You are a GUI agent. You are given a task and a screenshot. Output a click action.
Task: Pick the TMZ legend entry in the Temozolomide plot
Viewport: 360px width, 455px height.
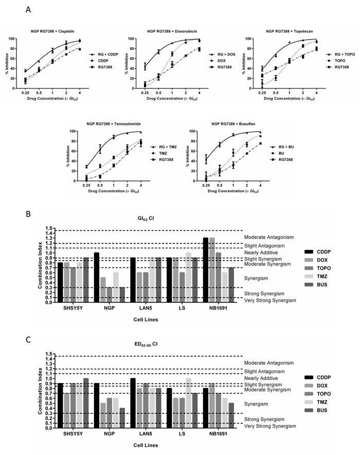(x=163, y=153)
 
